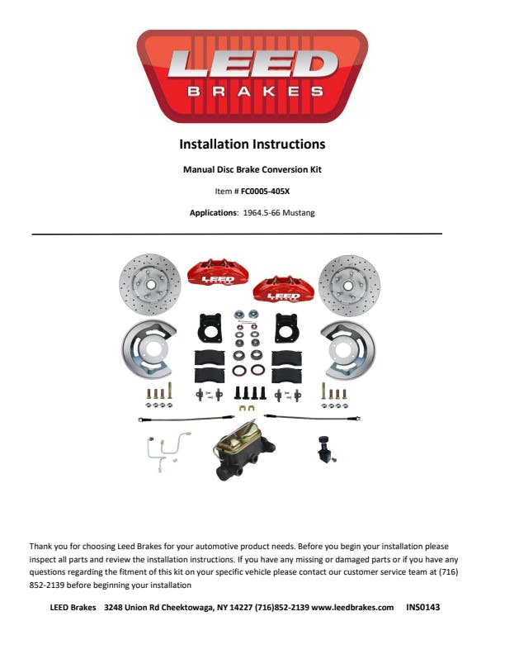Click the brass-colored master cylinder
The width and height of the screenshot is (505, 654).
point(245,453)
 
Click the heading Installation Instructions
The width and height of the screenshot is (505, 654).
point(252,145)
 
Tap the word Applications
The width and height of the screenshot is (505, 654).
point(214,213)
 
